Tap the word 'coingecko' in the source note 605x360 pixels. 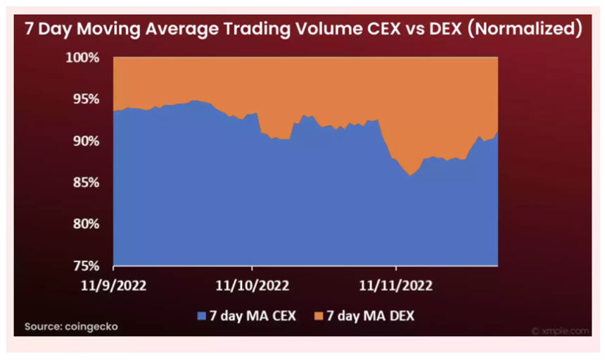point(92,327)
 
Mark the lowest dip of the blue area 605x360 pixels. point(409,176)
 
